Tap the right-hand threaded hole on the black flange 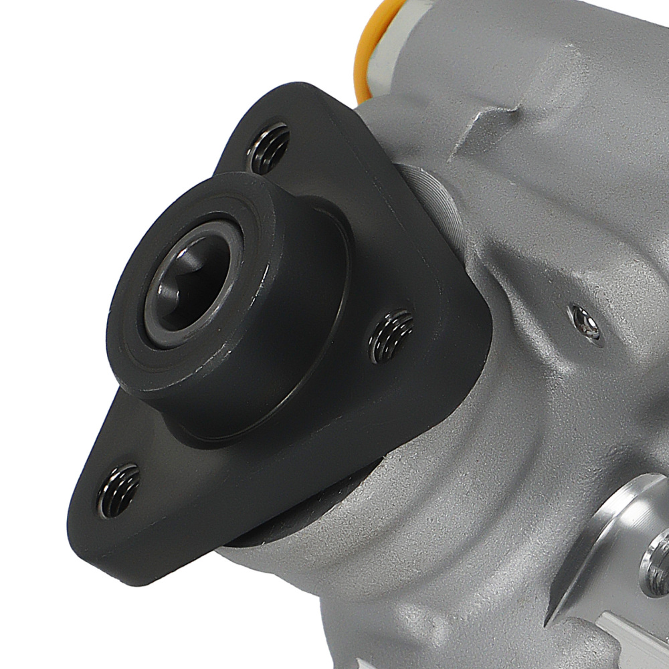tap(392, 334)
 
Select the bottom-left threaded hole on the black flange tap(118, 489)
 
